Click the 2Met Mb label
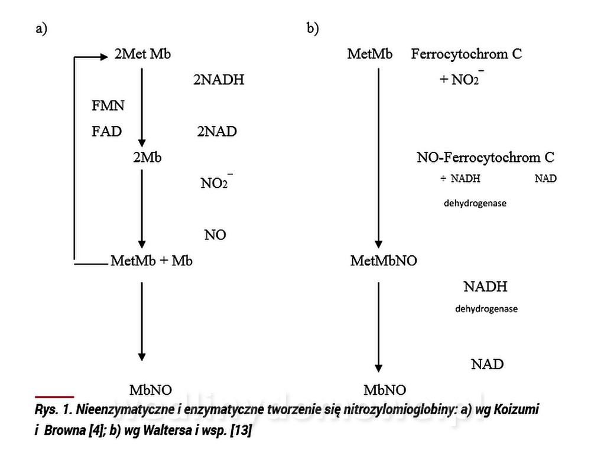[143, 55]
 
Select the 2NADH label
[218, 80]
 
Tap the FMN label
[108, 106]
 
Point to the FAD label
[107, 131]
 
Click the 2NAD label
[217, 131]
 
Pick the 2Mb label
[148, 158]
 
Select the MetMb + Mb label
[152, 261]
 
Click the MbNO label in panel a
[151, 389]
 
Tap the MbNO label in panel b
[385, 389]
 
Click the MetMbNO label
[384, 261]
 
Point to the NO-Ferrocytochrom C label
[486, 158]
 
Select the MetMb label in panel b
[370, 55]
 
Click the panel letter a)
[41, 29]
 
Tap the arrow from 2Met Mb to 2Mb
[142, 106]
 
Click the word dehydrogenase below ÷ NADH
[475, 203]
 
